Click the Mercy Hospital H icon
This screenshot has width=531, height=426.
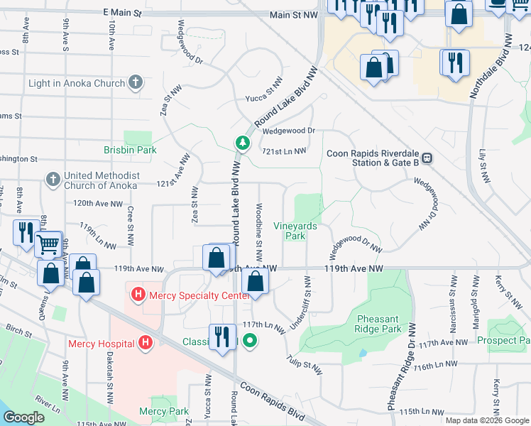pyautogui.click(x=146, y=344)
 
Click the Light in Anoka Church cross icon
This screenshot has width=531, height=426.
pyautogui.click(x=136, y=83)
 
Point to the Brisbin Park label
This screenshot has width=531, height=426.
pyautogui.click(x=130, y=150)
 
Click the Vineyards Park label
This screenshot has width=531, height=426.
pyautogui.click(x=295, y=231)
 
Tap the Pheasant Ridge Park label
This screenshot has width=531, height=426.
pyautogui.click(x=380, y=324)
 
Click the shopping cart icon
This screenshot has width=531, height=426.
pyautogui.click(x=48, y=244)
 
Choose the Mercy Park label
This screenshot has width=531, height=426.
pyautogui.click(x=164, y=411)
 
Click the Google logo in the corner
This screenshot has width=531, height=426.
pyautogui.click(x=24, y=417)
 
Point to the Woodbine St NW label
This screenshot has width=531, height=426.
pyautogui.click(x=260, y=226)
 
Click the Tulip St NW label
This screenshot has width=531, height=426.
pyautogui.click(x=305, y=365)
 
